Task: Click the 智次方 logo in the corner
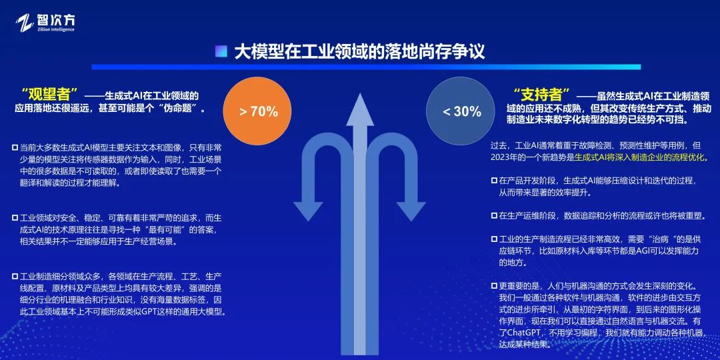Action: (45, 23)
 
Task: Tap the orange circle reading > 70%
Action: (257, 111)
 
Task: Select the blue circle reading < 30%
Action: (461, 111)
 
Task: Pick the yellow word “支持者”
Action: (544, 96)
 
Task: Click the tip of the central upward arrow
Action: (359, 94)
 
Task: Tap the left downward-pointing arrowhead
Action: (307, 210)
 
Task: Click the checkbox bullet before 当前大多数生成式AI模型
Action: (15, 148)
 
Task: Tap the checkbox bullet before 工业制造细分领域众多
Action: (15, 277)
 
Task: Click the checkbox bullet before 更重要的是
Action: (494, 285)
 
